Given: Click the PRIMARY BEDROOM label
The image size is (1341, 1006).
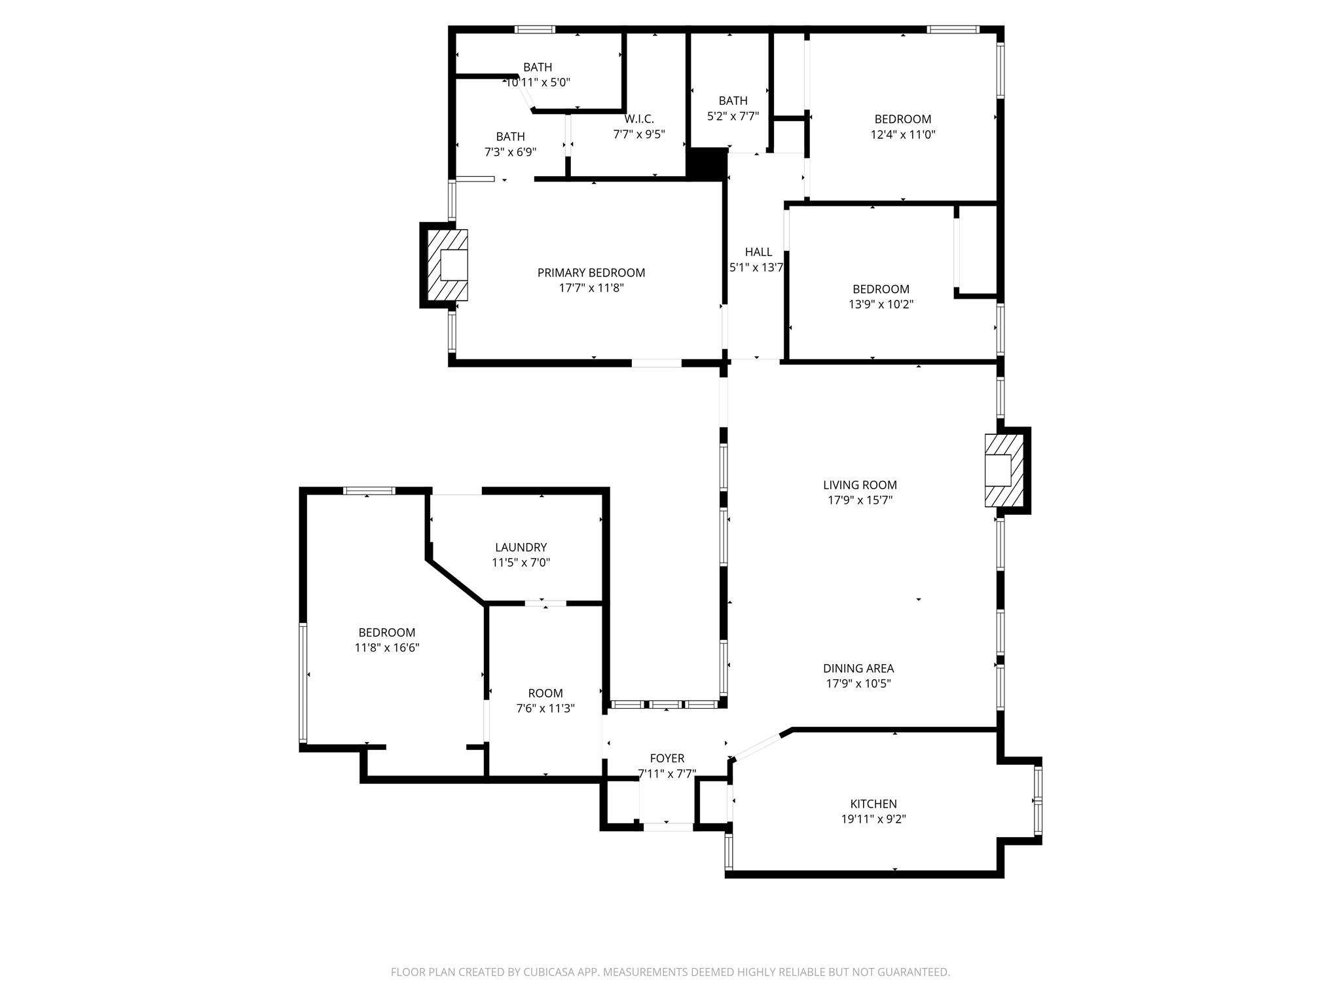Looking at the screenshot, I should click(x=591, y=272).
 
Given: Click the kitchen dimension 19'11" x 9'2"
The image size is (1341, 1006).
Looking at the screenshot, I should click(x=873, y=819).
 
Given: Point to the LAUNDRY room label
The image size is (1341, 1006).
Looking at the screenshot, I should click(x=521, y=547).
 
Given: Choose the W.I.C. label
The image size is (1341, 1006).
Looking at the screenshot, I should click(x=638, y=119).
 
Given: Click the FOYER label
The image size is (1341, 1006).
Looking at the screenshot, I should click(x=667, y=758).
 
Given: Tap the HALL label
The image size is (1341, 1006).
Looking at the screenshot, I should click(x=758, y=251).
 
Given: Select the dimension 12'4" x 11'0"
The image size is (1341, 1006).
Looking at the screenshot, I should click(x=902, y=134).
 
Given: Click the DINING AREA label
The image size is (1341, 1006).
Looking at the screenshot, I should click(x=858, y=668).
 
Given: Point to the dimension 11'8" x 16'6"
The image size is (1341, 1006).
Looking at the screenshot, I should click(x=386, y=648).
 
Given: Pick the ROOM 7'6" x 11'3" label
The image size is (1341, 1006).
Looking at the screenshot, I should click(x=545, y=693).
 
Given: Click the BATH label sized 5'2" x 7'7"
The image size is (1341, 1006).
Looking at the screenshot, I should click(x=733, y=100).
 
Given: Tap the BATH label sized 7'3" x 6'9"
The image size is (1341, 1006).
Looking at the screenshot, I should click(x=510, y=136).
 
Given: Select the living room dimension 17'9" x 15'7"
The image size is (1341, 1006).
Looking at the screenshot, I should click(x=860, y=500).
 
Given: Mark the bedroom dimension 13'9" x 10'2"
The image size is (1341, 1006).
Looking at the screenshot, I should click(x=881, y=305).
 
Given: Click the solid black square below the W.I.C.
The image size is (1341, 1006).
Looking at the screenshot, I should click(x=706, y=162).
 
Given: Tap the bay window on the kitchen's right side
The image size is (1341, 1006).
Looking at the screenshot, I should click(x=1038, y=800).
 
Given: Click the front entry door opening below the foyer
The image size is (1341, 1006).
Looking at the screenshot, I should click(x=667, y=827).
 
